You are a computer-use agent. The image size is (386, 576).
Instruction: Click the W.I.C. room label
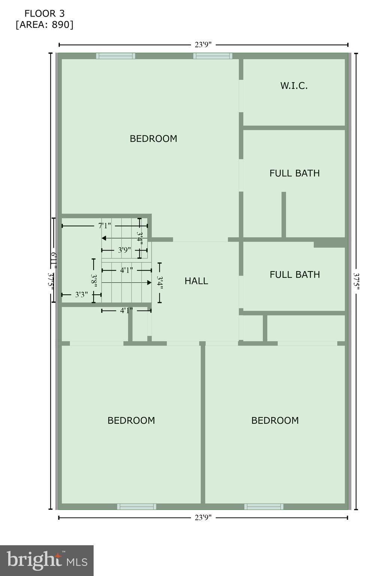(294, 85)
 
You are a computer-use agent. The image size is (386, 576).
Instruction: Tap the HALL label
(196, 281)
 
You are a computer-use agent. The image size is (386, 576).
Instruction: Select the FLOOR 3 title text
(45, 13)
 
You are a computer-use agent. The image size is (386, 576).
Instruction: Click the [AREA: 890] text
(45, 25)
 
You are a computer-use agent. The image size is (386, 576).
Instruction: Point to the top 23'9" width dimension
(203, 45)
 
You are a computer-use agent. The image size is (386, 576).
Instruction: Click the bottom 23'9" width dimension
(203, 517)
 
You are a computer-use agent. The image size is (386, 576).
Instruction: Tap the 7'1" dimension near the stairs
(104, 226)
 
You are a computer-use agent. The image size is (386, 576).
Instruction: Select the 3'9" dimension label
(124, 250)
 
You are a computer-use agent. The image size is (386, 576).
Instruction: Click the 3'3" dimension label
(81, 295)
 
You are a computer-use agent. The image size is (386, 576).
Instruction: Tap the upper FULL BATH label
(295, 173)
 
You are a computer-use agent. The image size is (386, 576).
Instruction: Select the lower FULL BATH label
(295, 274)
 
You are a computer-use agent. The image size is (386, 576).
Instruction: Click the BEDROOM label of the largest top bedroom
(154, 139)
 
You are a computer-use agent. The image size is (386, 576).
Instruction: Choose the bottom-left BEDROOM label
(131, 420)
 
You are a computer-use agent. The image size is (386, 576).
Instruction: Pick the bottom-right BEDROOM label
(275, 420)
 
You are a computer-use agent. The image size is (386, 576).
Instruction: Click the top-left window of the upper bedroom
(115, 56)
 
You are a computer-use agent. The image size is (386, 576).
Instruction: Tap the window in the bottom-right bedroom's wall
(264, 507)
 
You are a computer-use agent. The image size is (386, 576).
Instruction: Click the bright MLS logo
(47, 561)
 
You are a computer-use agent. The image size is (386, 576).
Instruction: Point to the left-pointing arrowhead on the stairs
(104, 238)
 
